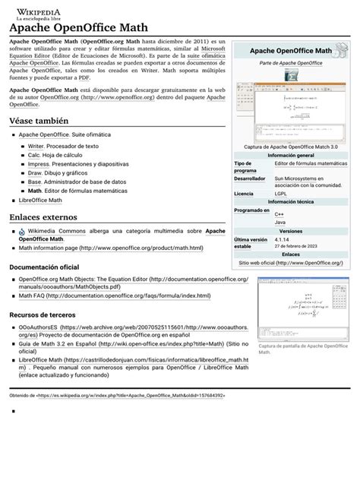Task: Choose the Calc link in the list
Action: (34, 154)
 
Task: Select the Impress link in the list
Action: (38, 163)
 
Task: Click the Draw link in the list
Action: (35, 172)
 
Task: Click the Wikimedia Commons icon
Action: (22, 231)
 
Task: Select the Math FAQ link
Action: (34, 296)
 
